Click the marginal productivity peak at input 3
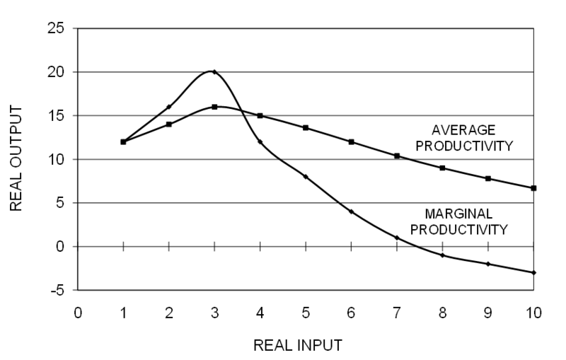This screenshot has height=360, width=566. tap(214, 71)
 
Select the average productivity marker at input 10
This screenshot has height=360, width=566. tap(533, 188)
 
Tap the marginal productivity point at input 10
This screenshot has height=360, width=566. tap(533, 272)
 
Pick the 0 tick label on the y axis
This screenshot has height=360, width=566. tap(60, 247)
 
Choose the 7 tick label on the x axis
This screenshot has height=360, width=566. tap(397, 312)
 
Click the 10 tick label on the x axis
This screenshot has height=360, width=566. tap(533, 312)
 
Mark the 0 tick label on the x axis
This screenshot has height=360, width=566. tap(78, 312)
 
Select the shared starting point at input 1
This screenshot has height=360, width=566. tap(123, 141)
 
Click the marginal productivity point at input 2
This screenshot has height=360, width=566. tap(168, 107)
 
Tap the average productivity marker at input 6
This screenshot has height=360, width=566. tap(351, 141)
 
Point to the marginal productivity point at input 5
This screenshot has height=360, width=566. tap(306, 177)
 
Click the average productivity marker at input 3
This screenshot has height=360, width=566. tap(214, 107)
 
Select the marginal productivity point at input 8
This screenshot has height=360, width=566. tap(442, 255)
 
